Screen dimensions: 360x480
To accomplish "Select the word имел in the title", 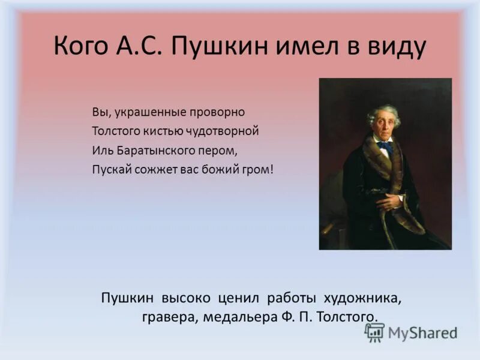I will pyautogui.click(x=308, y=46).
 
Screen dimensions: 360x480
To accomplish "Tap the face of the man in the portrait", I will pyautogui.click(x=384, y=121).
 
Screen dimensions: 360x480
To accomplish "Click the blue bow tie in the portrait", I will pyautogui.click(x=385, y=146).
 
